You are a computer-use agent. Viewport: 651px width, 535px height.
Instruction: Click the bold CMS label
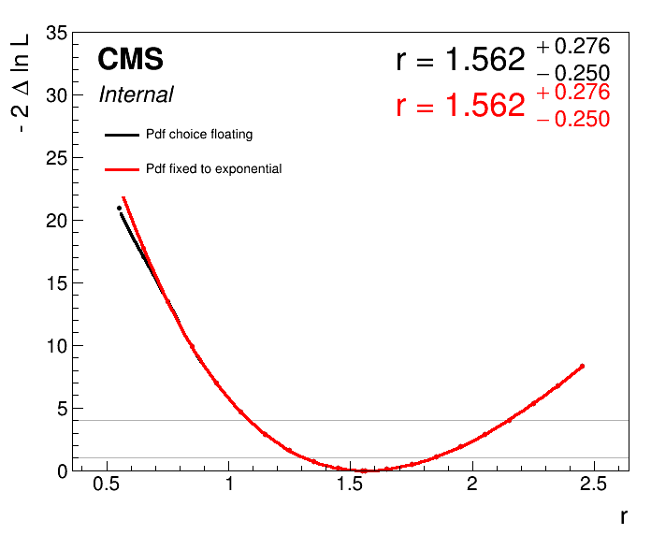point(130,60)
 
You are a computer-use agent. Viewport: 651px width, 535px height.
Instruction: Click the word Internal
point(136,94)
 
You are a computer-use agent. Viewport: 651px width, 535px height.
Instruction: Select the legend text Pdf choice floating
point(199,135)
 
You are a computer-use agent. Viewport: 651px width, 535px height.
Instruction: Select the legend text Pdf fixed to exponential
point(213,169)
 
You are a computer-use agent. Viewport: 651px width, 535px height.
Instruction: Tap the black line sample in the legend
point(122,135)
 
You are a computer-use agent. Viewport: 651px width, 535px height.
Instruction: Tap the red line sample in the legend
point(122,169)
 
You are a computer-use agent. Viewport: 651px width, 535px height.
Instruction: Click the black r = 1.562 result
point(460,61)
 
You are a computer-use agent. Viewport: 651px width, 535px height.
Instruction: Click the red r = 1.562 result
point(460,106)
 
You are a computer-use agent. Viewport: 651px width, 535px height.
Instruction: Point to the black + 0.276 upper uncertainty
point(572,47)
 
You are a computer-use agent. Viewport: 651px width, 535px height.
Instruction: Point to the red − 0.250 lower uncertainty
point(572,119)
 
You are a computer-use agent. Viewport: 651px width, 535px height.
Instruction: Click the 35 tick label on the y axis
point(55,34)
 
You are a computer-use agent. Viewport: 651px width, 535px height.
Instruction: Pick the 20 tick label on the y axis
point(55,221)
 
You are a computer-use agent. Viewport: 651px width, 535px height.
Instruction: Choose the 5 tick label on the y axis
point(61,409)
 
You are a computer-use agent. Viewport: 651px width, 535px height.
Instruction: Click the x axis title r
point(623,516)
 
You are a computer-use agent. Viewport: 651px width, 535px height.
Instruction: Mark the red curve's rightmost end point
point(582,366)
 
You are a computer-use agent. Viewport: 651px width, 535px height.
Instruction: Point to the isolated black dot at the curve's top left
point(119,208)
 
